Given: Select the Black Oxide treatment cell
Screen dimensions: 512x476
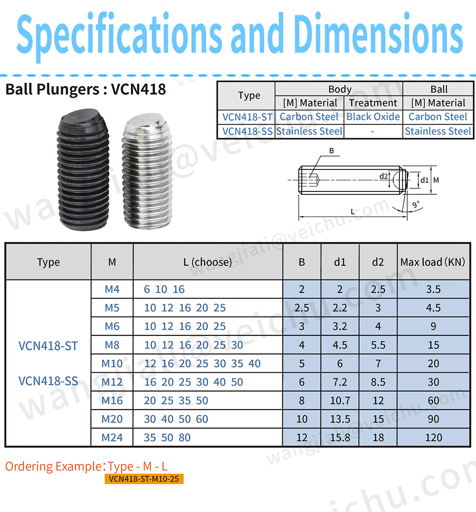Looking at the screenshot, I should [373, 117].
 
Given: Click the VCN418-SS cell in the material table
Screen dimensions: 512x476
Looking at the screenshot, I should [247, 131].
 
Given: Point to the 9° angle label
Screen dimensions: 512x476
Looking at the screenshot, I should [416, 204].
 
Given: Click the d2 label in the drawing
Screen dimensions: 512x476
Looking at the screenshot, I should [384, 176].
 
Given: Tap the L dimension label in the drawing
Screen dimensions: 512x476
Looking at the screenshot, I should [353, 211].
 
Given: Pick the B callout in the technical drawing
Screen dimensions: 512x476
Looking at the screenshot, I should [331, 151].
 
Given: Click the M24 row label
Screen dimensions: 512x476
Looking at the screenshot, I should [112, 437].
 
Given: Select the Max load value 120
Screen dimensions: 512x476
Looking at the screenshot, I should [433, 437].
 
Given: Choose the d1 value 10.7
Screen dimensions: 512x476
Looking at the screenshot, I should [340, 401].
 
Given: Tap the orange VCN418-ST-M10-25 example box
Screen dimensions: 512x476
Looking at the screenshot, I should [144, 479].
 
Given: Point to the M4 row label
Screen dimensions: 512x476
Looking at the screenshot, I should [112, 289].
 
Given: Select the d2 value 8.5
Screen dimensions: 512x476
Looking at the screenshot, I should [378, 382].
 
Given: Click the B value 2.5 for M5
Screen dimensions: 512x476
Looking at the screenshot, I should [302, 308].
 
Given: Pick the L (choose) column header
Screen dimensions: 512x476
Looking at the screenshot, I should [208, 262].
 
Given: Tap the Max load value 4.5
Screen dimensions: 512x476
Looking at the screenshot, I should [433, 308].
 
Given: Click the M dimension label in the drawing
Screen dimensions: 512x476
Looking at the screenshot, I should [436, 180].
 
